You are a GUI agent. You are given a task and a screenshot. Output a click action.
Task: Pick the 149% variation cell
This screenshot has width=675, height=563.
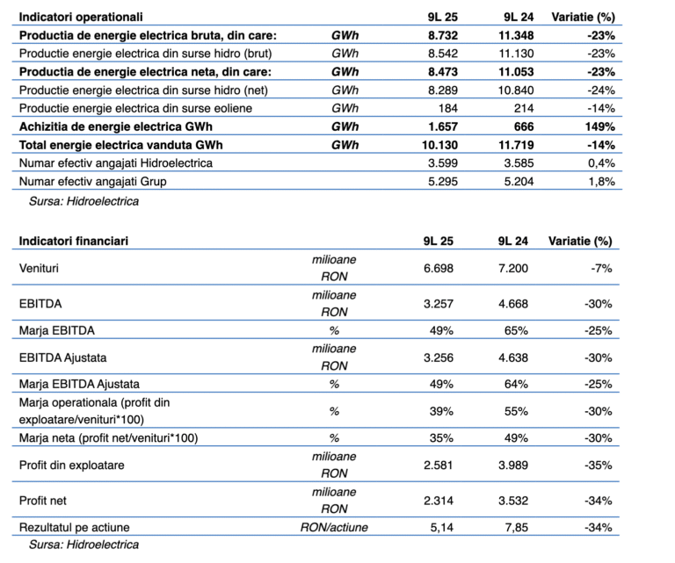pos(596,126)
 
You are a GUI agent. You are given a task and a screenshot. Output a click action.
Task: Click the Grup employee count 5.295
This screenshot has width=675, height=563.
pos(436,182)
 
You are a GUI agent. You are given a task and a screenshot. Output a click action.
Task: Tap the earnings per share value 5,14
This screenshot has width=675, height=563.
pos(439,528)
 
